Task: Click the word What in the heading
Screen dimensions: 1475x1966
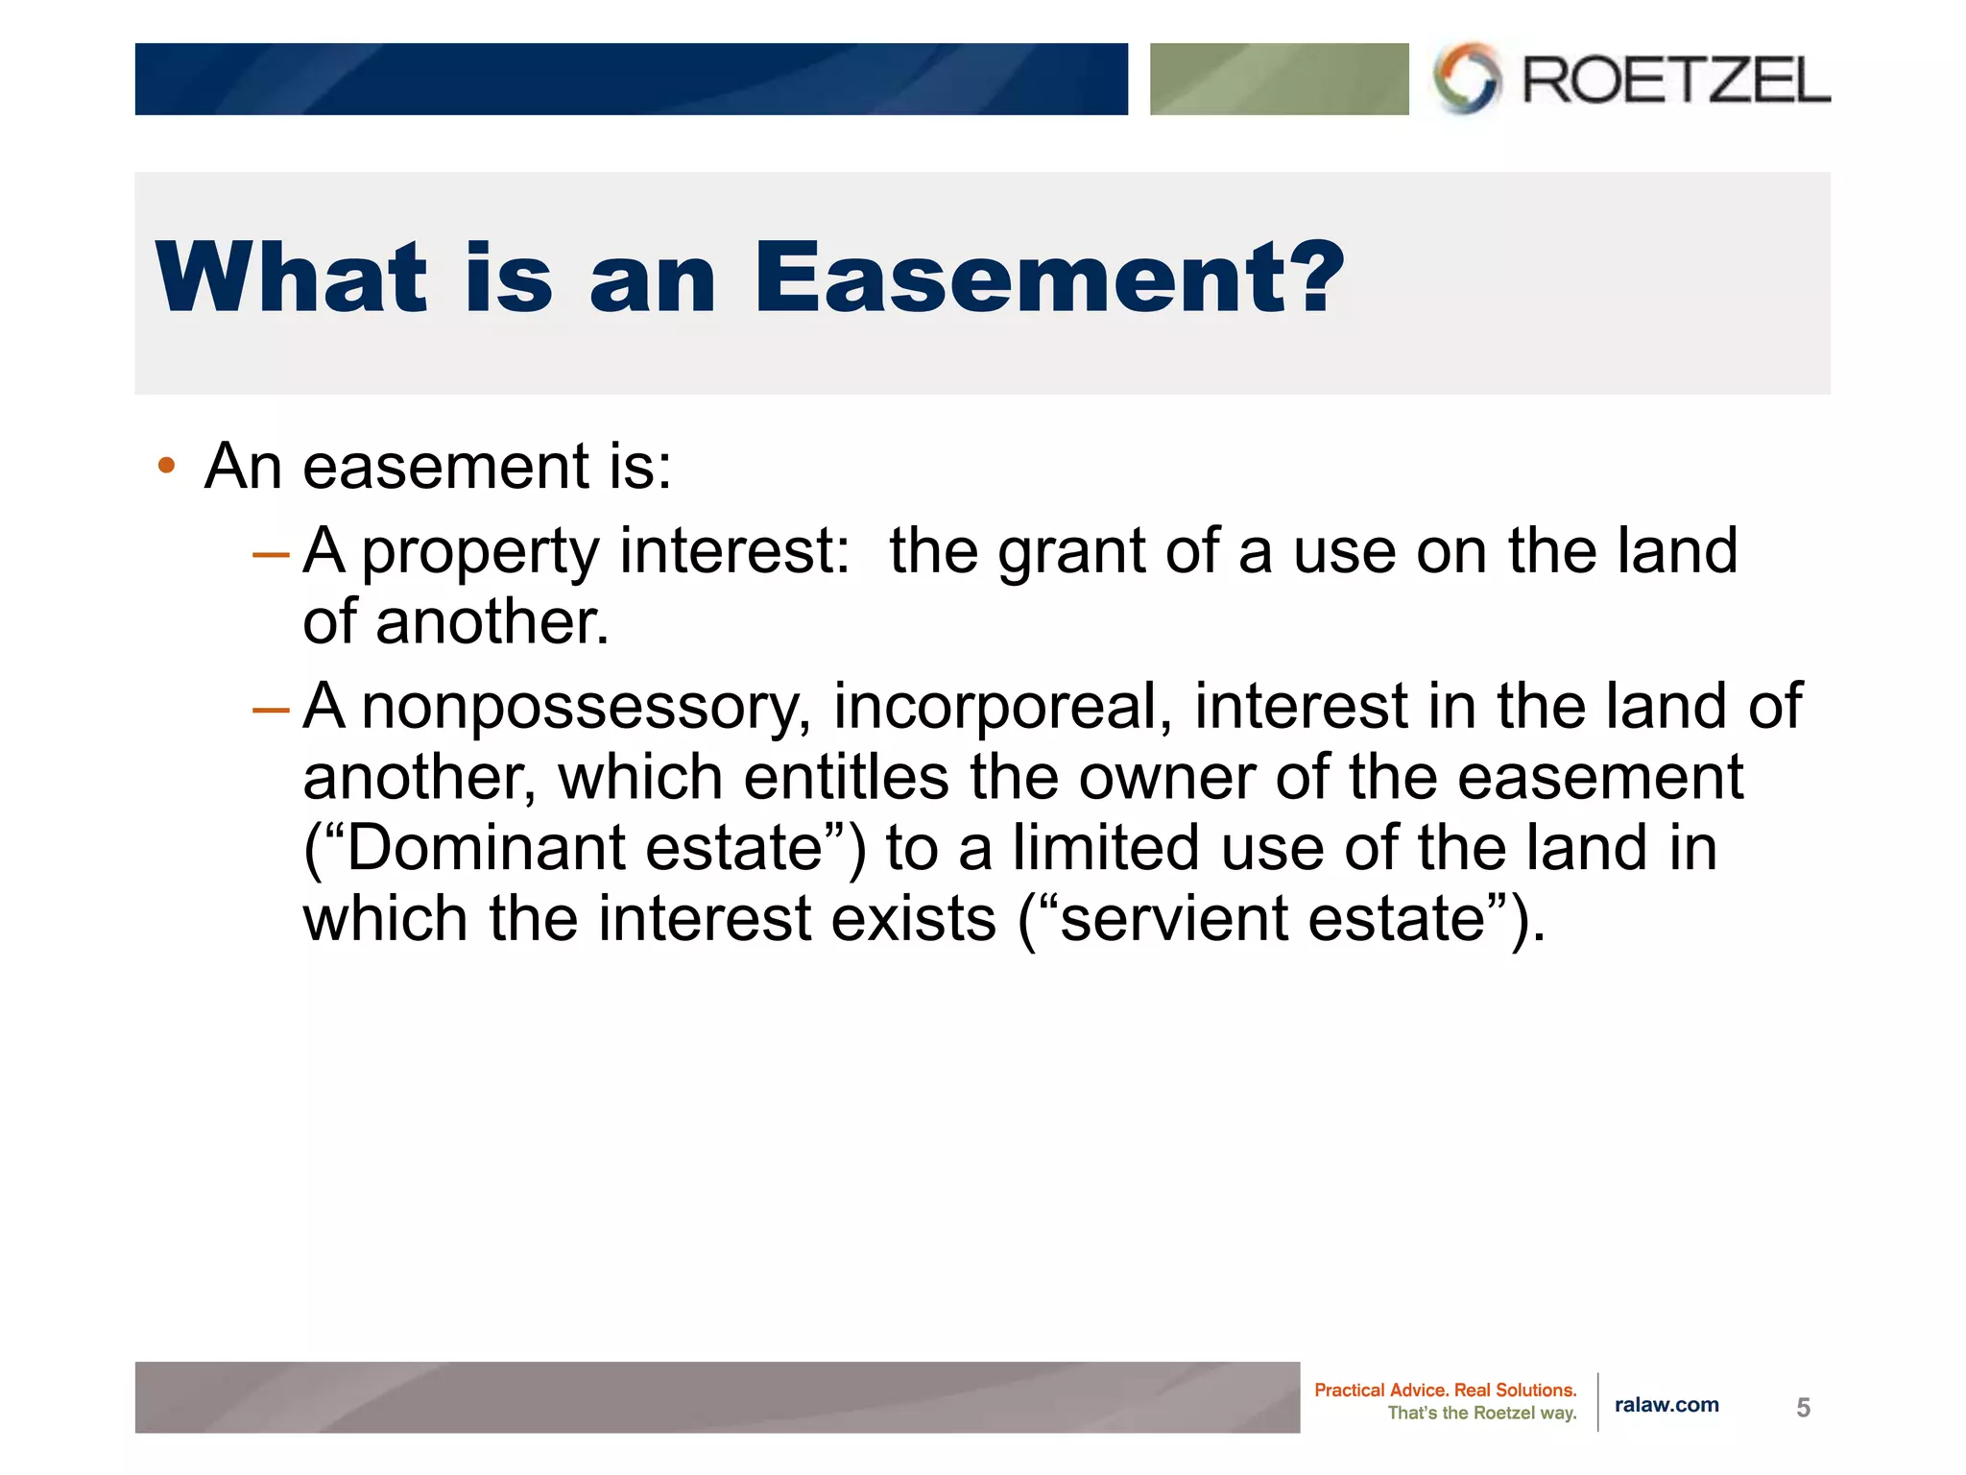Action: tap(291, 278)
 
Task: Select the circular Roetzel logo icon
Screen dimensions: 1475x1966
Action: tap(1466, 78)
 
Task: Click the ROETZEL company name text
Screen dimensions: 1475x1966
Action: tap(1675, 80)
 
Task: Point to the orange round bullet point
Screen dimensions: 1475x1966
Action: tap(167, 467)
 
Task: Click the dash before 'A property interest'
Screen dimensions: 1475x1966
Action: tap(270, 554)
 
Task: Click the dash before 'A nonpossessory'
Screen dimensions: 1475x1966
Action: tap(270, 710)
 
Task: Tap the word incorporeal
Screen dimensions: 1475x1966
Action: tap(1001, 707)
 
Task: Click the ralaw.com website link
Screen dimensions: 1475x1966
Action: tap(1666, 1405)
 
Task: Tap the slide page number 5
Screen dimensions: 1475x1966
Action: tap(1803, 1408)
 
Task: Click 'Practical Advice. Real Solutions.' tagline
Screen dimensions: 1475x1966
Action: tap(1445, 1390)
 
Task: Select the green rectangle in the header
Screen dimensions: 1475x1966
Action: tap(1279, 79)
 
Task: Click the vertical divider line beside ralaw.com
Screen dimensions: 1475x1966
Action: tap(1598, 1402)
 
